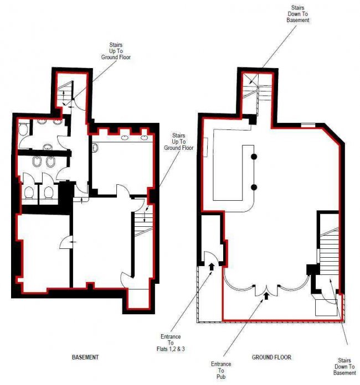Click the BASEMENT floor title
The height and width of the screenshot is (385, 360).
point(85,357)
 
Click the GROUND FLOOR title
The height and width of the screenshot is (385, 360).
point(271,357)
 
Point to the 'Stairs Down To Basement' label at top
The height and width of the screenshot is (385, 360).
point(297,14)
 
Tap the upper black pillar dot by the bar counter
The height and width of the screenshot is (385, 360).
point(254,157)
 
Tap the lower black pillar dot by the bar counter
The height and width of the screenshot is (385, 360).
point(254,187)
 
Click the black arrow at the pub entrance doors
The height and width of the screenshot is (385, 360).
point(267,296)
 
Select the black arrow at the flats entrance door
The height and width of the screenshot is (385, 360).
point(211,266)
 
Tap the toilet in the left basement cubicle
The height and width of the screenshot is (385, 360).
point(29,192)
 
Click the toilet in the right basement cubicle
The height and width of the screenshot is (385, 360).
point(49,192)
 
